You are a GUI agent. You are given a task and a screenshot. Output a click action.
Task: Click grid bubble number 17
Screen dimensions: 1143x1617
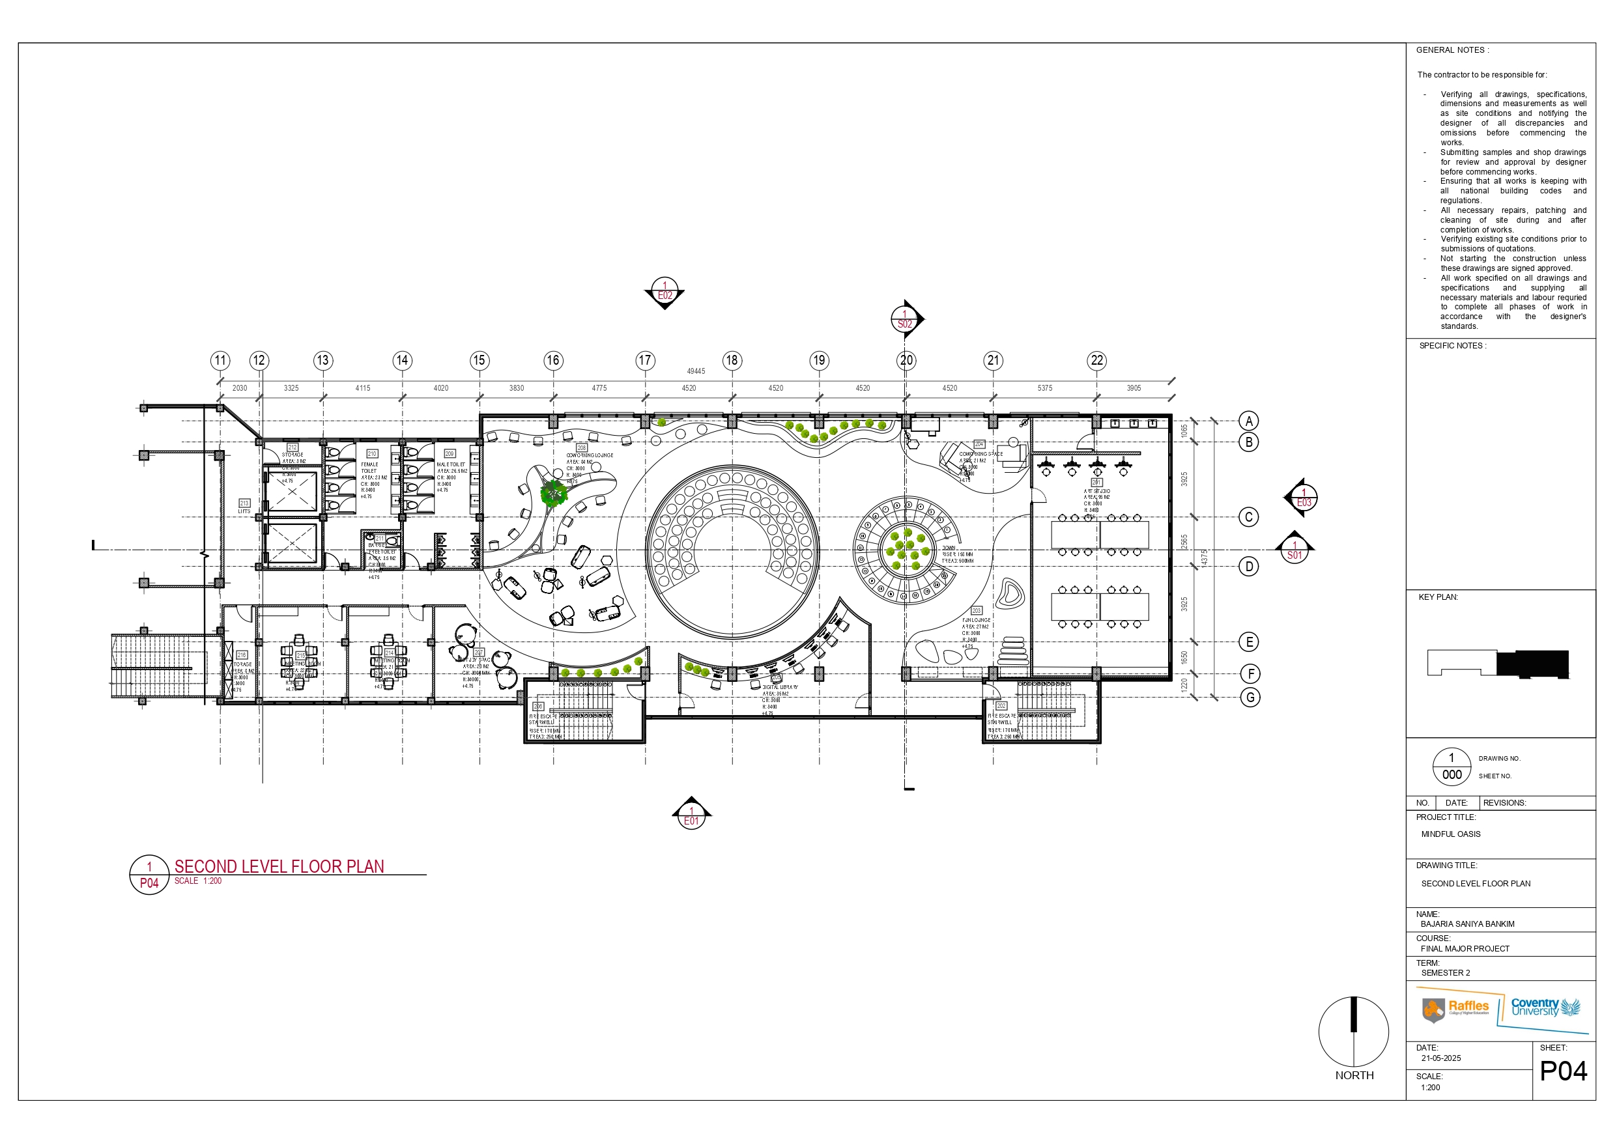point(644,361)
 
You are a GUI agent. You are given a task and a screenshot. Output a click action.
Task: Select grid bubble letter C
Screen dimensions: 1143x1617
point(1249,517)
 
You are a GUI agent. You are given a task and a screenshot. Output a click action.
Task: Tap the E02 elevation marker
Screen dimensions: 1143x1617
point(665,291)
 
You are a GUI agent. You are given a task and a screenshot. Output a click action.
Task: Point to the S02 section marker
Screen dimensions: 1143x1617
point(905,319)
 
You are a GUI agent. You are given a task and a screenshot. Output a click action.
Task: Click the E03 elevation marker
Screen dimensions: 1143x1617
point(1304,498)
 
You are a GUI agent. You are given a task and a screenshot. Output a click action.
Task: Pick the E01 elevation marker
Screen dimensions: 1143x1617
point(692,816)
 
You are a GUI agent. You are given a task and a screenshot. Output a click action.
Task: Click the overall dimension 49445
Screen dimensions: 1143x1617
point(696,371)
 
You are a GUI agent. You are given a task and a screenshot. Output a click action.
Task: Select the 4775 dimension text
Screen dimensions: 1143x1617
point(599,388)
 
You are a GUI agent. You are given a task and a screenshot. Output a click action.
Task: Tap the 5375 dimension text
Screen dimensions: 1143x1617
point(1044,388)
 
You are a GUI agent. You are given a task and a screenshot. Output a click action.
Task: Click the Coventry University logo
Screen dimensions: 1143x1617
point(1546,1007)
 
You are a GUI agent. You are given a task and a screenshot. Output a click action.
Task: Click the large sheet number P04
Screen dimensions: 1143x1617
point(1563,1071)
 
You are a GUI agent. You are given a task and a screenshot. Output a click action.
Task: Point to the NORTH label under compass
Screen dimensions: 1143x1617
point(1354,1075)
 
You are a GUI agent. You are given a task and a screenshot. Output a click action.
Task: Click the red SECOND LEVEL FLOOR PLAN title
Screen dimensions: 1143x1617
point(279,866)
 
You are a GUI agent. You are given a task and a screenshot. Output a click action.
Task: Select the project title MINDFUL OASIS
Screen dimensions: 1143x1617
point(1450,834)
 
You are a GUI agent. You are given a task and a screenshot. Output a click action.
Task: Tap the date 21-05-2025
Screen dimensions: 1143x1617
point(1440,1058)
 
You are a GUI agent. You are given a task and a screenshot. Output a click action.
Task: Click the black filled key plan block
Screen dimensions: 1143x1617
point(1532,664)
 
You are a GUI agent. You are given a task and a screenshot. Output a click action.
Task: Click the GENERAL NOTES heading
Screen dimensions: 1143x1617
point(1452,50)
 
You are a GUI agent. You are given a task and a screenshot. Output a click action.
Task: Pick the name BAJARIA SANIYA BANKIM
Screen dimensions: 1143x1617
point(1467,924)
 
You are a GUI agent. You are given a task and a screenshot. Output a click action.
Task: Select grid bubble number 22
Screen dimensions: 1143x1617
point(1096,361)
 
